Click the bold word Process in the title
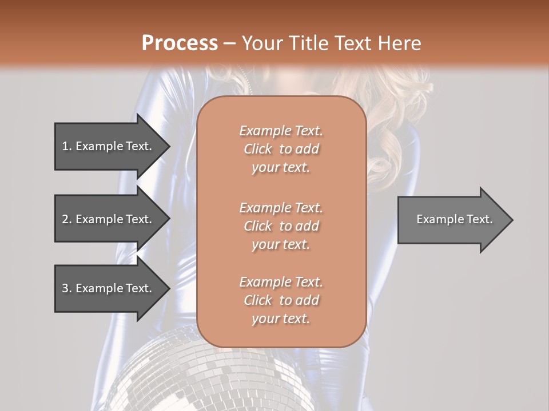(180, 43)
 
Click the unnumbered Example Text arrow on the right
(455, 219)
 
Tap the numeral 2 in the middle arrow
(65, 219)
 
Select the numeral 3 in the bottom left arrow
(65, 288)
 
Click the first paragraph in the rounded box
(281, 149)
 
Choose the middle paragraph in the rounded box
(281, 226)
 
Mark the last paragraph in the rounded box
(281, 300)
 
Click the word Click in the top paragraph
(258, 149)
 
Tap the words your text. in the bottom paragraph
(281, 319)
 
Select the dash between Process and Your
(230, 43)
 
